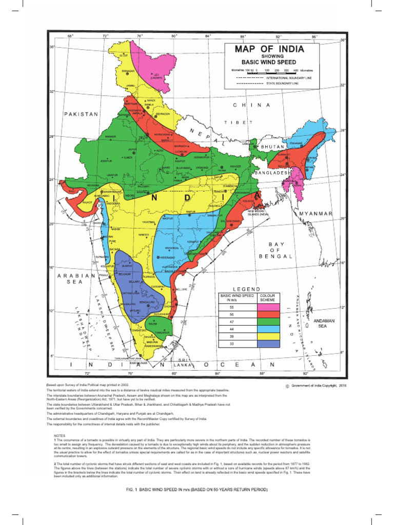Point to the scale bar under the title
(272, 72)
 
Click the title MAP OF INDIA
(269, 49)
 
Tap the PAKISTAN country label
(81, 114)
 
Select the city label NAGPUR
(167, 218)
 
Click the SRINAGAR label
(128, 71)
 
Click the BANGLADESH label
(271, 173)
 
